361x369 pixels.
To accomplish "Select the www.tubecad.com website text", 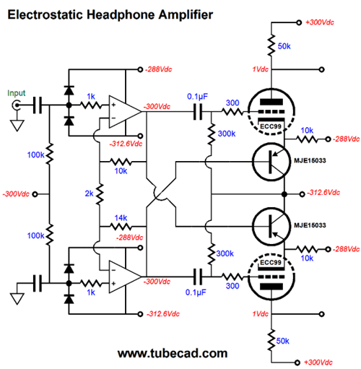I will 172,353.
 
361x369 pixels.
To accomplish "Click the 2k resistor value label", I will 88,194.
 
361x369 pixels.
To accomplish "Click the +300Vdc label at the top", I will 322,24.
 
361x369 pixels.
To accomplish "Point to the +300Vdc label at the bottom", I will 322,361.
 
